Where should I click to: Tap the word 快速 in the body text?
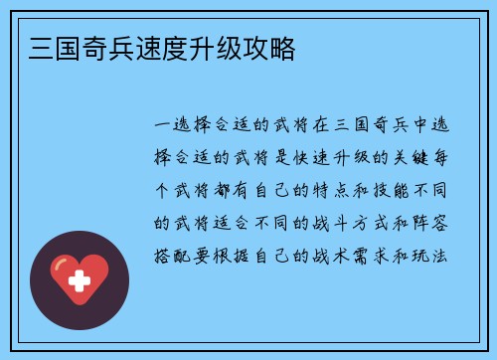317,158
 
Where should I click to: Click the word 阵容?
435,223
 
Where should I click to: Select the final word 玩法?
435,255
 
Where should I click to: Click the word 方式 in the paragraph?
381,223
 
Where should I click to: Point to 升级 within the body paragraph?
360,158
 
